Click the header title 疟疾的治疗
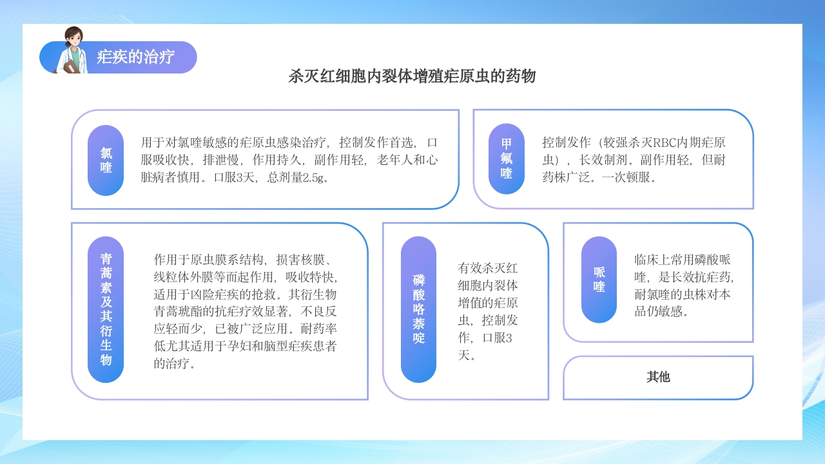tap(135, 57)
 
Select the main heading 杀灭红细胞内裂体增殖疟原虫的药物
tap(412, 77)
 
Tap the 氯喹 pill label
tap(106, 160)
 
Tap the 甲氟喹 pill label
tap(507, 159)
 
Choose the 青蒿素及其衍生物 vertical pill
tap(106, 309)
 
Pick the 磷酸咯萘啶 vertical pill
tap(419, 309)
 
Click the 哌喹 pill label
tap(599, 280)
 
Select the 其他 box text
tap(658, 377)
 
